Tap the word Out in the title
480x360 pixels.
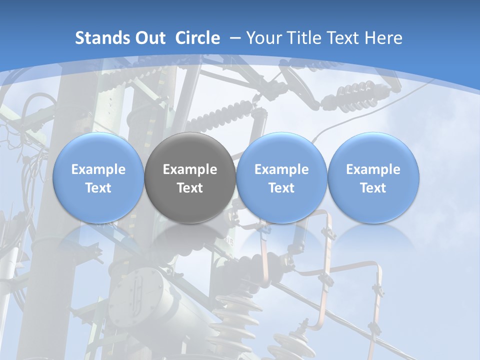[x=149, y=38]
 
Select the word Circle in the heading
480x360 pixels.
[x=197, y=38]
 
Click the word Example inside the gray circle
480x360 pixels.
[x=190, y=169]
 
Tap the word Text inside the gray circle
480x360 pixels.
[x=190, y=188]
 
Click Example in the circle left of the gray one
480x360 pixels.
[x=98, y=169]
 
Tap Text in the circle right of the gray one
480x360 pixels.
[x=281, y=188]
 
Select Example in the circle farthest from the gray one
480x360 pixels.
[x=373, y=169]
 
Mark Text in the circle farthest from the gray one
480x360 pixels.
[x=373, y=188]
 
